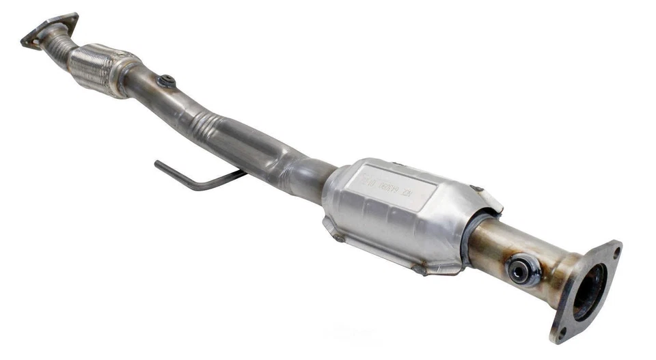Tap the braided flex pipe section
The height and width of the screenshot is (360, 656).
(x=96, y=66)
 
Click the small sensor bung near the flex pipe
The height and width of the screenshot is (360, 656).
(x=165, y=81)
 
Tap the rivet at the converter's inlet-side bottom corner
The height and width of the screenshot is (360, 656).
(x=337, y=237)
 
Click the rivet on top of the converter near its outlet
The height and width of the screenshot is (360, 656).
(x=477, y=189)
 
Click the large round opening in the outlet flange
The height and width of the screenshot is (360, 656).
(x=589, y=291)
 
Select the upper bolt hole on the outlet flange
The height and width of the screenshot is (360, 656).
(x=614, y=251)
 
